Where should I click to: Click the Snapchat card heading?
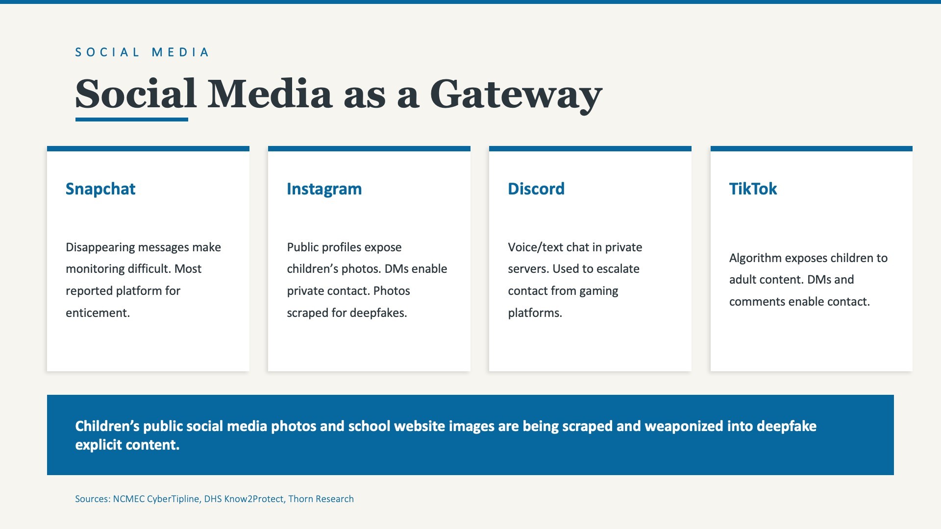100,189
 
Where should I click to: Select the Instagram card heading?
324,189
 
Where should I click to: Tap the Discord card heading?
536,189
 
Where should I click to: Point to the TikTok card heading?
753,189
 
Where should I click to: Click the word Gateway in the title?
516,95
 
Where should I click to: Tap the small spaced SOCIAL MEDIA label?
142,52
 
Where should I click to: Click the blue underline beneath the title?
131,120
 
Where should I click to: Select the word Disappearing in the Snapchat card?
99,247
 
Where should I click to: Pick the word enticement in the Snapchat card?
98,313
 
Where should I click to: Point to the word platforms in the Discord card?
535,313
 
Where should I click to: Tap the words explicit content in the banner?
127,445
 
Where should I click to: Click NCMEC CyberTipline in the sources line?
156,499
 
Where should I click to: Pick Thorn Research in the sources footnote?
321,499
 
